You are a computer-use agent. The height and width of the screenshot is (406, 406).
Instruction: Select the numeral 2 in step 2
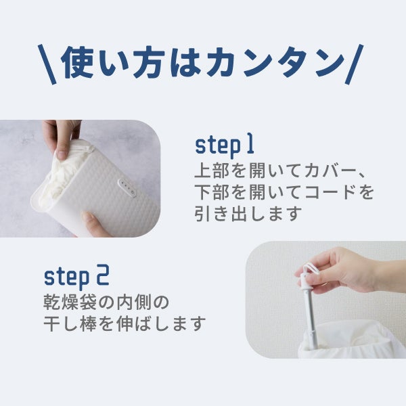tap(103, 275)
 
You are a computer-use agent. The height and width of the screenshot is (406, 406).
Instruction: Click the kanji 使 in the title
tap(77, 63)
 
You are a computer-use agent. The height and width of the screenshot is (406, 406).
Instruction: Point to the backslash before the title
tap(47, 64)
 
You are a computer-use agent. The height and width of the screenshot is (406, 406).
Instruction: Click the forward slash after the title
tap(354, 64)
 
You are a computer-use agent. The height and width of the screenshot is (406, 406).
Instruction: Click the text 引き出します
tap(248, 214)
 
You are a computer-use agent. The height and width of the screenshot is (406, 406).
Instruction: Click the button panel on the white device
tap(127, 188)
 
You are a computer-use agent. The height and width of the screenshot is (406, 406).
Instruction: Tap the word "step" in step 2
tap(67, 277)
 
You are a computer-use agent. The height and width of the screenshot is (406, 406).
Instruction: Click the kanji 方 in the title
tap(149, 63)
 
